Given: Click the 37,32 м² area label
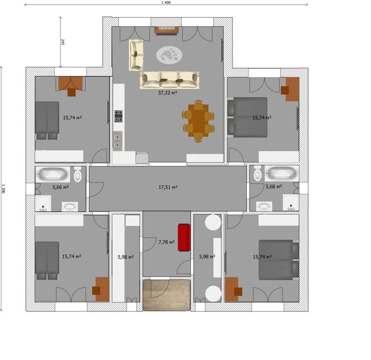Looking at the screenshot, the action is tap(168, 93).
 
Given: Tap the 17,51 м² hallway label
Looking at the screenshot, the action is tap(168, 187).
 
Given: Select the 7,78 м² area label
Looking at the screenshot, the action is tap(167, 242).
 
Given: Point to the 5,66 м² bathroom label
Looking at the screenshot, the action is tap(60, 187).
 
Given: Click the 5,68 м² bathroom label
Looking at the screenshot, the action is tap(274, 187).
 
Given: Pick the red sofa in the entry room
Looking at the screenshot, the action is tap(184, 237).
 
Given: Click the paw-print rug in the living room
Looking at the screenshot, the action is tap(169, 55).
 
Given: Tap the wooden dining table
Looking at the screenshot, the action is tap(198, 120).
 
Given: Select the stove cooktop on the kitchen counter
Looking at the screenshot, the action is tap(119, 116).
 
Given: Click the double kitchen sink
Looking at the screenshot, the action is tap(118, 141).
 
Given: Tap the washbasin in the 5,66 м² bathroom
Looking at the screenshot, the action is tap(70, 206).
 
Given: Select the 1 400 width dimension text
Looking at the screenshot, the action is tap(166, 2).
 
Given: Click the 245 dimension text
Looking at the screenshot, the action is tap(63, 42).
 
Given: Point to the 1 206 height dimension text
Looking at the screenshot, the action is tap(3, 189).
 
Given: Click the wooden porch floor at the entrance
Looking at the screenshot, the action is tap(167, 295).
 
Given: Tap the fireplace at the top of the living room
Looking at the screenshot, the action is tap(167, 31).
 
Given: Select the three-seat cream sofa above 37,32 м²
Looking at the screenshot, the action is tap(169, 80).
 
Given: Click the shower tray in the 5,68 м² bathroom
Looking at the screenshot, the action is tap(291, 203).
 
